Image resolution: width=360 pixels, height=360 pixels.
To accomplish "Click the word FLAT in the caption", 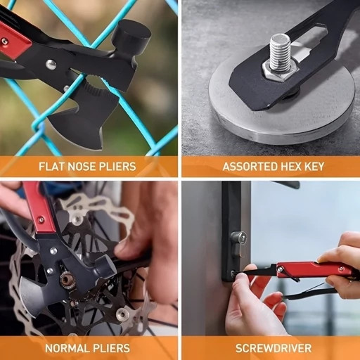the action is [51, 167].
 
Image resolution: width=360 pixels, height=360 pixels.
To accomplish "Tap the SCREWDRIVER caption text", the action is [274, 348].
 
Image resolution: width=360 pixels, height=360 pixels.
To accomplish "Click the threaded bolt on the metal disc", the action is [281, 53].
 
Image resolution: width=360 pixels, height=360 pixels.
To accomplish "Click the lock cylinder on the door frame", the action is [238, 238].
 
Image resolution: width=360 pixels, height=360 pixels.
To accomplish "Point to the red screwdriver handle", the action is [315, 270].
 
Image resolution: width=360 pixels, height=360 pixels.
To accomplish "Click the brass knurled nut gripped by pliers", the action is [67, 281].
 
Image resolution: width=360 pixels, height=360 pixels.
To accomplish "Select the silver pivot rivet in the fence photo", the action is [51, 64].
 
